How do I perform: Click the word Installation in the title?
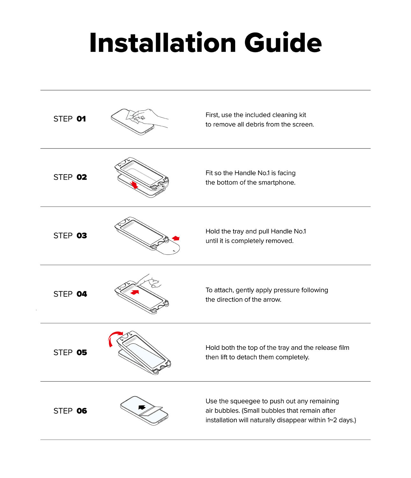163,42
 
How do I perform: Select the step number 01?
81,119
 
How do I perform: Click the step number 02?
82,177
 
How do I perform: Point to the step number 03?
82,235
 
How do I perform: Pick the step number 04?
82,294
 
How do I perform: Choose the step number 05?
82,352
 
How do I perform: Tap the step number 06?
82,411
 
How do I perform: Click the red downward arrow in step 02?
134,185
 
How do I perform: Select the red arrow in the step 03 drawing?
176,238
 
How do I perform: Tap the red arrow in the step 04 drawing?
135,292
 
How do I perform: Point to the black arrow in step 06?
142,407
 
